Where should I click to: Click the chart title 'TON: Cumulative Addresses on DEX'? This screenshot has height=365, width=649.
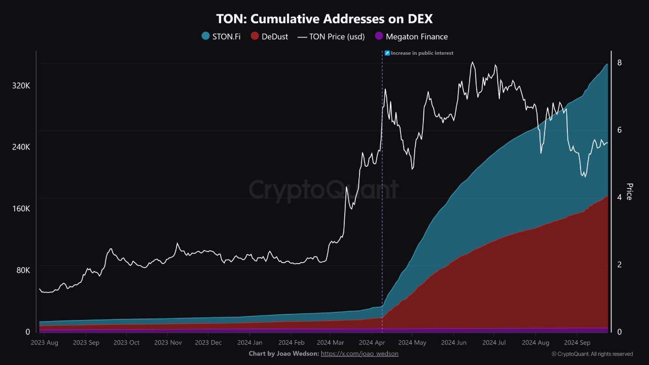[x=324, y=19]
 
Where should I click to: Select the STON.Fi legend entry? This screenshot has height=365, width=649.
[x=221, y=36]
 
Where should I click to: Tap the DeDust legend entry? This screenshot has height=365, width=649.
[x=269, y=36]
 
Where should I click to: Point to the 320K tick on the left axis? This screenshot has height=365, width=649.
[x=21, y=86]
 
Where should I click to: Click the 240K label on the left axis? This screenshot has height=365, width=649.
[x=21, y=147]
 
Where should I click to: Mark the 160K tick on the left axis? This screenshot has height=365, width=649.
[x=21, y=208]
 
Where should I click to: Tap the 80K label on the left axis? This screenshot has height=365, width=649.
[x=23, y=270]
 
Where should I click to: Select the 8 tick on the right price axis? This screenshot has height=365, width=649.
[x=620, y=63]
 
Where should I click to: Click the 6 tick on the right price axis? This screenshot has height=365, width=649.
[x=620, y=130]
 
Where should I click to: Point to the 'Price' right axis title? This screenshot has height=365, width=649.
[x=629, y=192]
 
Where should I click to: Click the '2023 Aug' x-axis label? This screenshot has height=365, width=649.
[x=44, y=343]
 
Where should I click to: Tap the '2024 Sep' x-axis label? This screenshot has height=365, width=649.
[x=577, y=343]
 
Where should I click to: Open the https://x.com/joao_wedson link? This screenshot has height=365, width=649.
[x=359, y=353]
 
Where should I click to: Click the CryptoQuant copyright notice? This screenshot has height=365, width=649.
[x=592, y=354]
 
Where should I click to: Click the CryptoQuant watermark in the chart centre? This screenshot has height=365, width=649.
[x=323, y=190]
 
